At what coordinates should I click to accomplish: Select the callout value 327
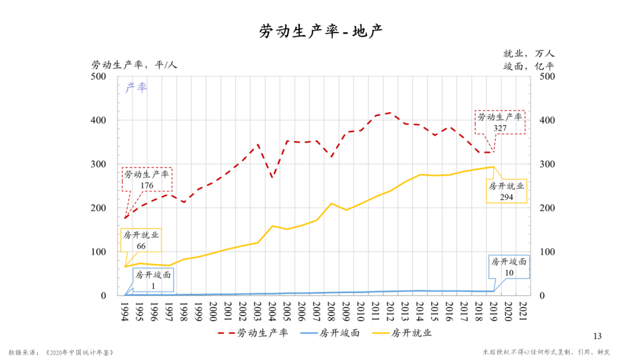501,127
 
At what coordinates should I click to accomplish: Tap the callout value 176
147,185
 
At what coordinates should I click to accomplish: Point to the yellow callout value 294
506,197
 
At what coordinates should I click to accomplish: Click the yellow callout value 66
141,246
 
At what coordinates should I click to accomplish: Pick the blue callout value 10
509,272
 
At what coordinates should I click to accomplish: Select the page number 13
597,336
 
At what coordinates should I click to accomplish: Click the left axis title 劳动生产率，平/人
134,65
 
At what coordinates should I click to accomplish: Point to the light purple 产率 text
136,88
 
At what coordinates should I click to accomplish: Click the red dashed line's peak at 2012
390,112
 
